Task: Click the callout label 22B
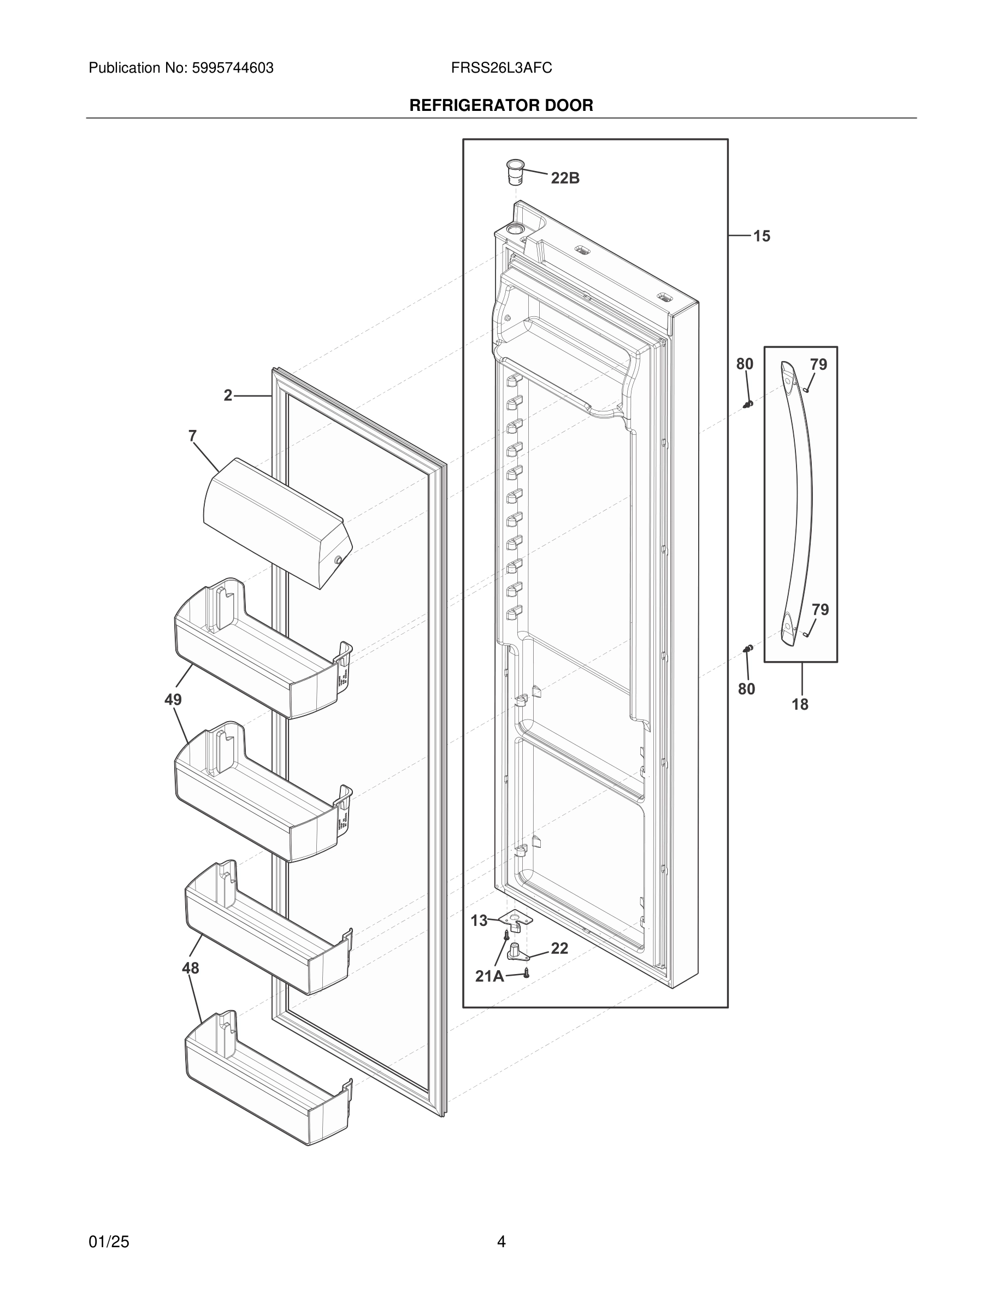[x=564, y=178]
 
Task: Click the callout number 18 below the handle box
[x=800, y=705]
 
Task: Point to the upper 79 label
[x=818, y=364]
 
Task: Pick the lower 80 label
[x=746, y=689]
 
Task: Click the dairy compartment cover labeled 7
[x=276, y=522]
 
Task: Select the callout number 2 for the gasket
[x=228, y=395]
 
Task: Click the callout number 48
[x=190, y=968]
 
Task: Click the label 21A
[x=489, y=976]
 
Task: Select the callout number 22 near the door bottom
[x=559, y=948]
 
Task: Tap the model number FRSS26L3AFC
[x=501, y=68]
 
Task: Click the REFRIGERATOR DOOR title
[x=501, y=106]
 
